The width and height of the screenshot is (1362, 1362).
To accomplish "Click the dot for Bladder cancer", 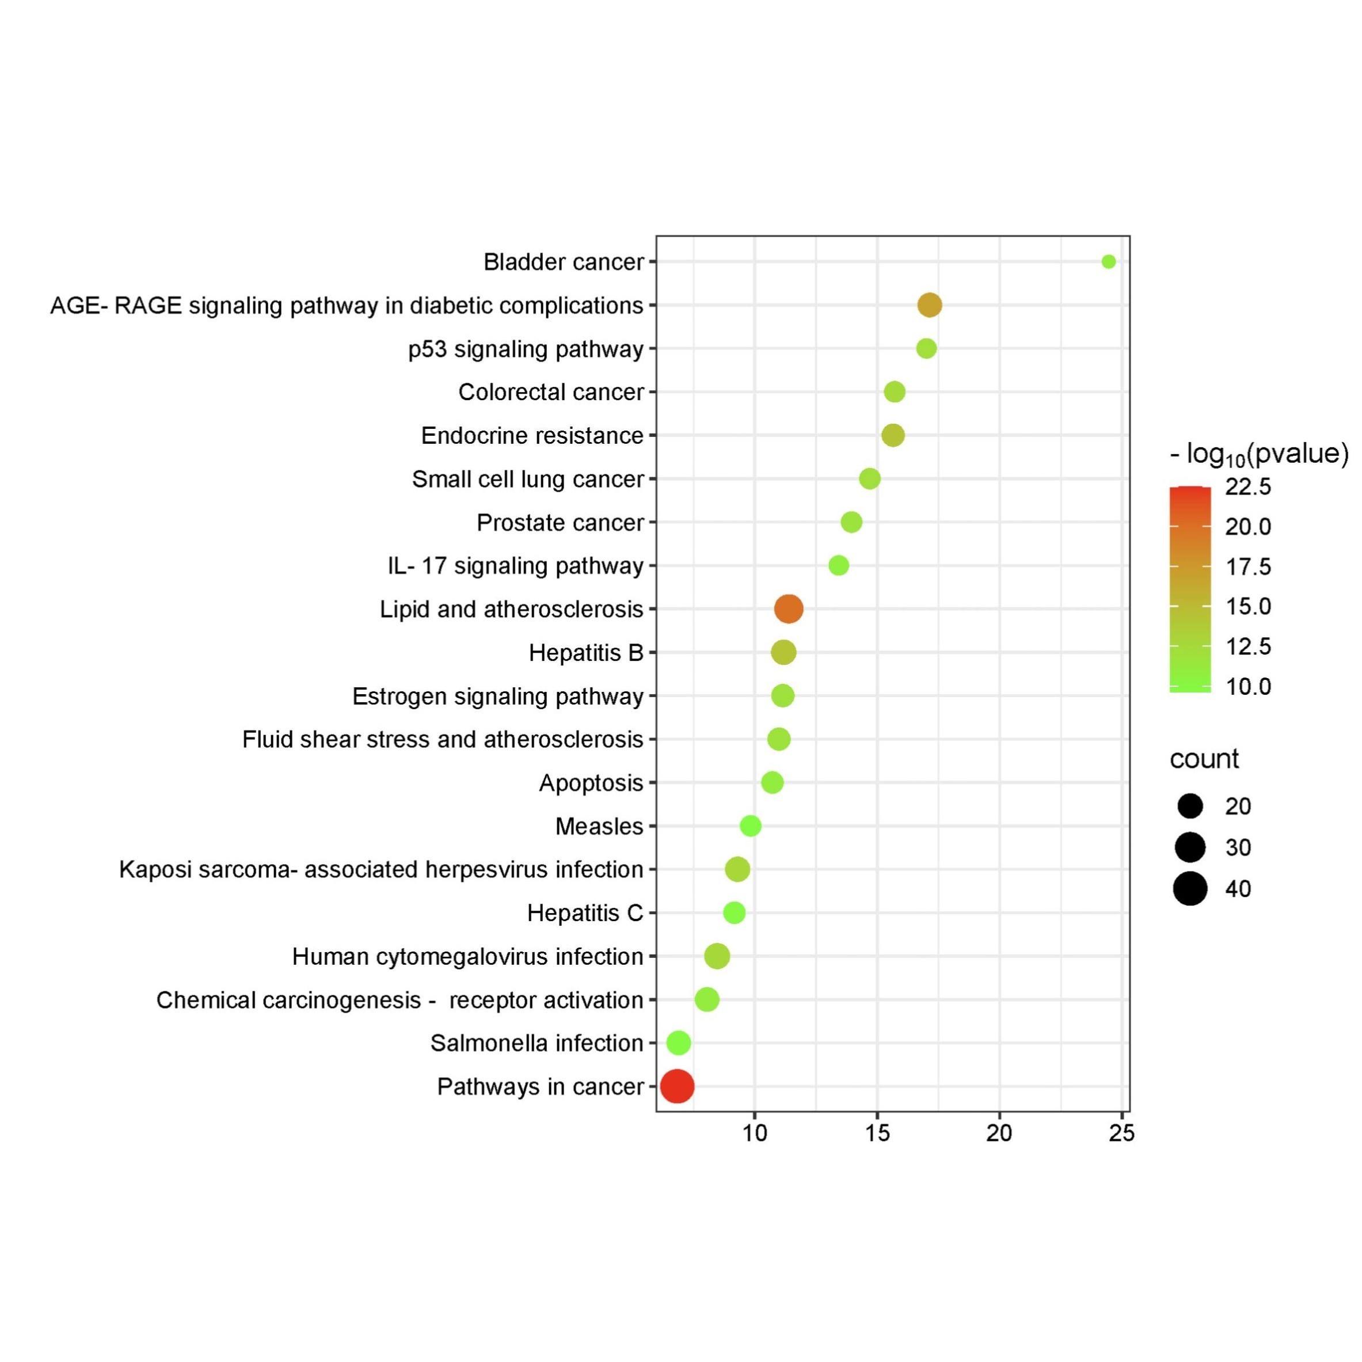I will [1108, 261].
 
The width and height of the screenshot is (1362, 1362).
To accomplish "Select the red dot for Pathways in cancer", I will [677, 1086].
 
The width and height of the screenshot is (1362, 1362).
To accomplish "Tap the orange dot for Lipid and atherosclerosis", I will [788, 608].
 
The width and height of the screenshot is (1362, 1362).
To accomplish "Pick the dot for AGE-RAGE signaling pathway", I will [930, 305].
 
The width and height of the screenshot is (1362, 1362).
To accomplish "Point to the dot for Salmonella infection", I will [678, 1043].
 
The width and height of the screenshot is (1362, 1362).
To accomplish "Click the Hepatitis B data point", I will [783, 652].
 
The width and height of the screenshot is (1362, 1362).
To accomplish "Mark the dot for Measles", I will [750, 825].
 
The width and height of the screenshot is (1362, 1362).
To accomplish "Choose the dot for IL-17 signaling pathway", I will [838, 565].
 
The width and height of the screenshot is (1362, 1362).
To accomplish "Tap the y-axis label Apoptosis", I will [591, 782].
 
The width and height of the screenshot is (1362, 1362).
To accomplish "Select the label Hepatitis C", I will [584, 913].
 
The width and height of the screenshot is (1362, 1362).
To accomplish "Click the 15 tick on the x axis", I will [877, 1133].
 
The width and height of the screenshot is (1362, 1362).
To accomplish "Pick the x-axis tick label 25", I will [1121, 1133].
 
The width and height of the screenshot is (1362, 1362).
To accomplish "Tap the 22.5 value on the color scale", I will [1248, 486].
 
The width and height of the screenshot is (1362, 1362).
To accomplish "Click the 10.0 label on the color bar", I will [1248, 686].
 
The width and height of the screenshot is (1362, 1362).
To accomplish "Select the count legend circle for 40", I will [1190, 888].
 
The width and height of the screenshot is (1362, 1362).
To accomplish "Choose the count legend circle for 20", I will [1190, 806].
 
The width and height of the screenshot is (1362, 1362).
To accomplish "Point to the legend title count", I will [1204, 759].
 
